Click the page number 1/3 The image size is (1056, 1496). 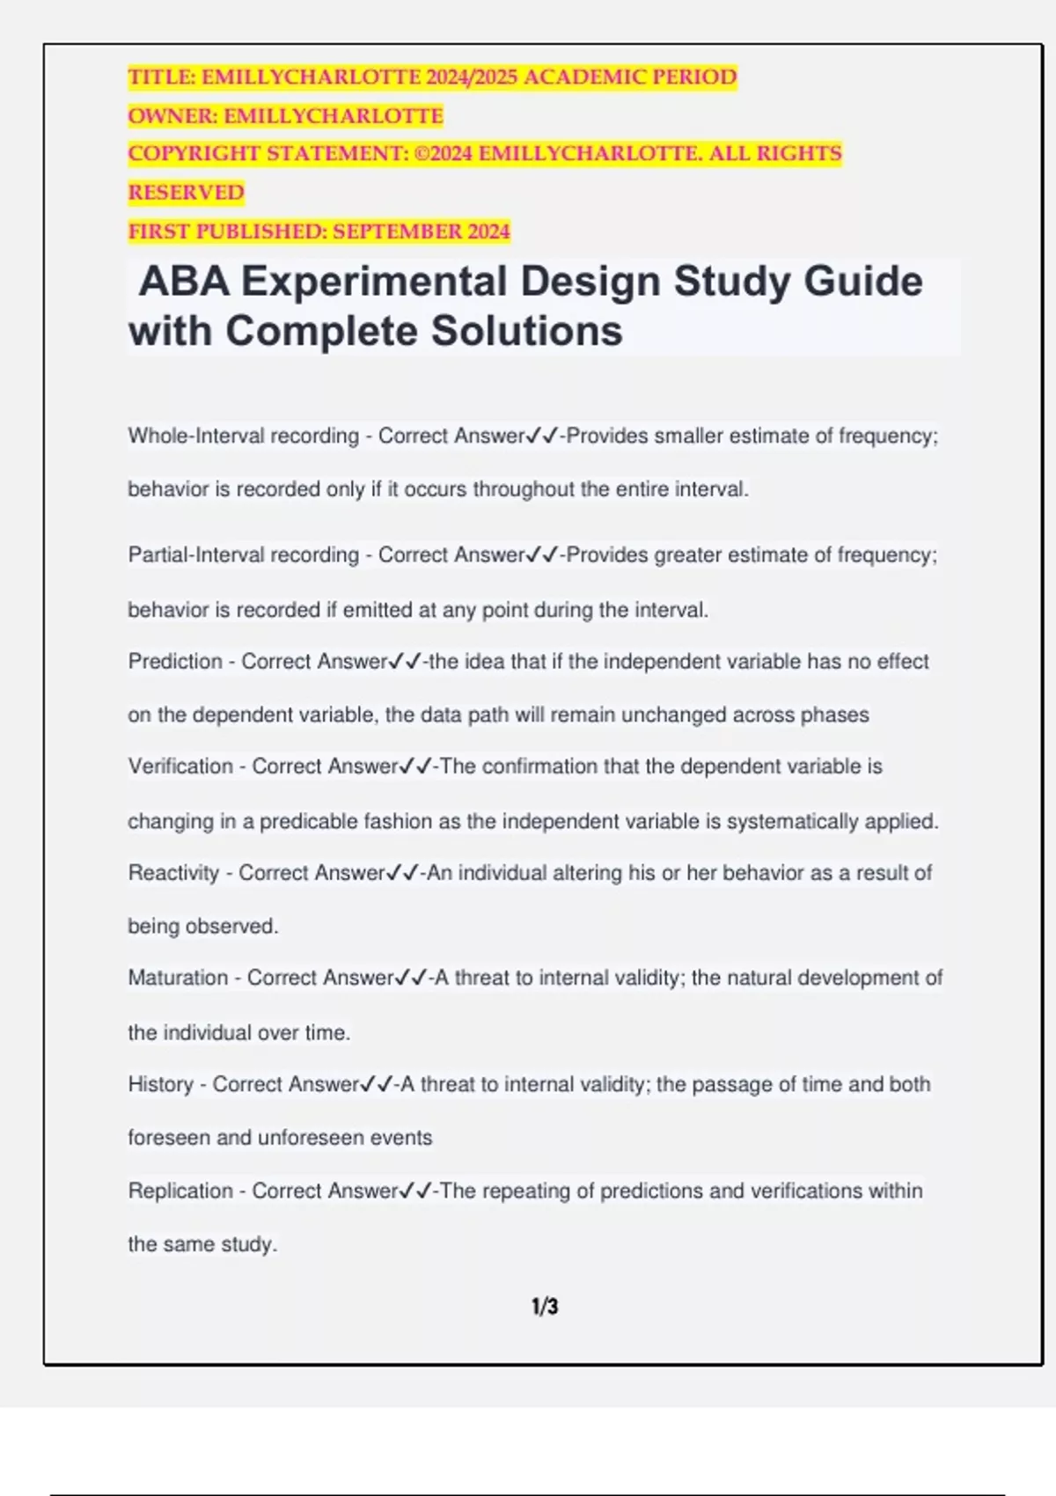pos(545,1306)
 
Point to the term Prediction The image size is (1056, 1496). pos(175,662)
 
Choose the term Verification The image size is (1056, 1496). pos(180,766)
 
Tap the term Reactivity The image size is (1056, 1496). pos(173,873)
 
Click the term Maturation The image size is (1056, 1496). pos(178,978)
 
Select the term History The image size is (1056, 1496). pos(160,1084)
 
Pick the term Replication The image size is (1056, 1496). pos(180,1191)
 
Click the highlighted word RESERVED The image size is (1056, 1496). pos(186,193)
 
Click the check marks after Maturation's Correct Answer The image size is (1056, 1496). pos(412,978)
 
